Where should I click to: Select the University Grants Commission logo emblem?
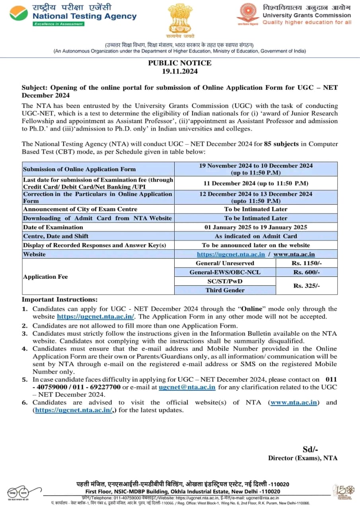[x=248, y=14]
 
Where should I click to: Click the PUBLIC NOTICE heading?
[x=180, y=63]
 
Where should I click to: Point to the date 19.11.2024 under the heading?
[x=180, y=72]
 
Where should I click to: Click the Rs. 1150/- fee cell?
[x=306, y=263]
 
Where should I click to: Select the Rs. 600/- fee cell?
[x=306, y=272]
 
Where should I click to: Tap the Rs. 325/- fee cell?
[x=306, y=286]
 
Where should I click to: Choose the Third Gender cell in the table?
[x=225, y=290]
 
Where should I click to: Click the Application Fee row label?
[x=45, y=277]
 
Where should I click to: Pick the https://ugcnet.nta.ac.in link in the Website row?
[x=231, y=254]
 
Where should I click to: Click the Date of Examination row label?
[x=53, y=227]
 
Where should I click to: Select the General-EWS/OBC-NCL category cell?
[x=225, y=272]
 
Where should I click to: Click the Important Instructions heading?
[x=59, y=299]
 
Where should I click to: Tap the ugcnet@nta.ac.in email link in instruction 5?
[x=187, y=387]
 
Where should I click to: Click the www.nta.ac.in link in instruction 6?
[x=294, y=402]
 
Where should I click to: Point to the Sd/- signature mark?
[x=310, y=449]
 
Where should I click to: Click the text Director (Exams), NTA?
[x=303, y=458]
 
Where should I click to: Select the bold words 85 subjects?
[x=281, y=144]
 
